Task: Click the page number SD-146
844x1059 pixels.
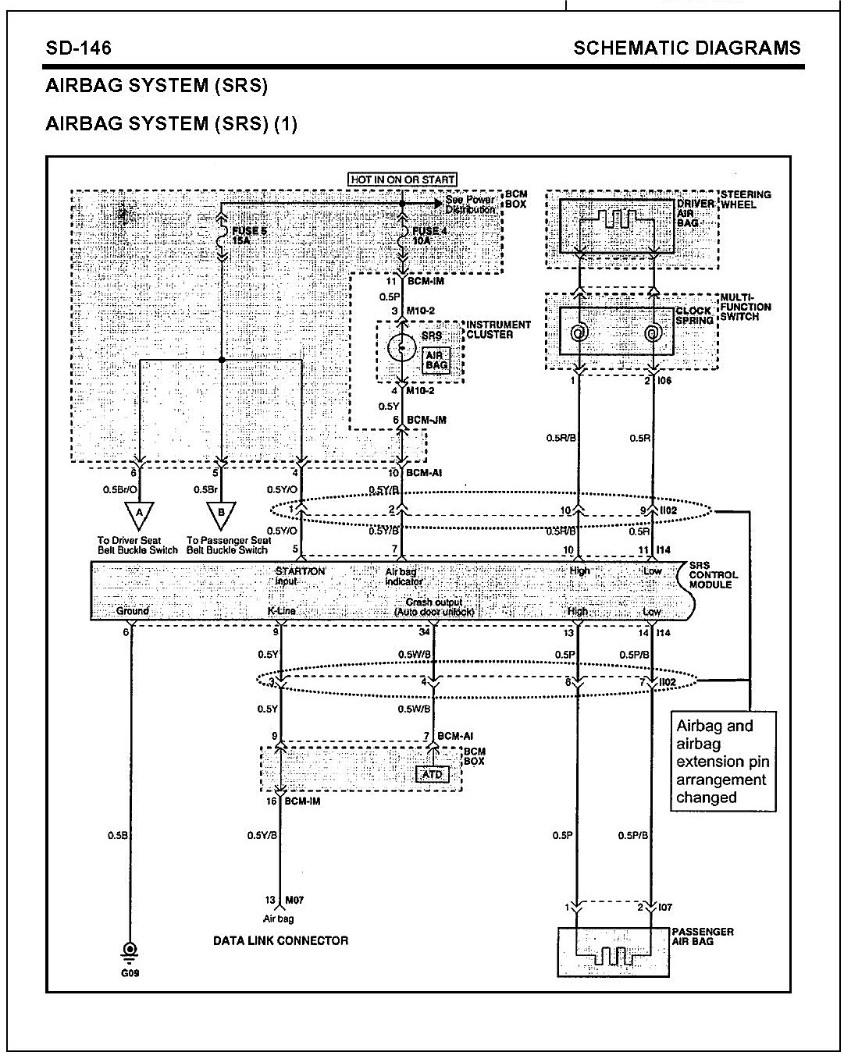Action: coord(78,48)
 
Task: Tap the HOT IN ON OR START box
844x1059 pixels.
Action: coord(402,179)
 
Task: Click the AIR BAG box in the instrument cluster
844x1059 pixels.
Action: coord(437,361)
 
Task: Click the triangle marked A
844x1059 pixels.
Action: coord(138,515)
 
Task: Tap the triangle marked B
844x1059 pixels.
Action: coord(222,515)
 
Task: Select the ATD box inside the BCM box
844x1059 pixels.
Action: coord(432,774)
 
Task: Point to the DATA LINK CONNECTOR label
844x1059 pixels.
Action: coord(280,940)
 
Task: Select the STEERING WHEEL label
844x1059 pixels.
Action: coord(745,200)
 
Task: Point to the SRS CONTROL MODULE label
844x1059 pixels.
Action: coord(713,575)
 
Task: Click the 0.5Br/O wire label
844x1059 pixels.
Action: coord(120,490)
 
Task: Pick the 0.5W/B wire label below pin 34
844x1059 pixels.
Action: coord(414,654)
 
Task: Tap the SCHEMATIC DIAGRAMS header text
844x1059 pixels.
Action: coord(686,48)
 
